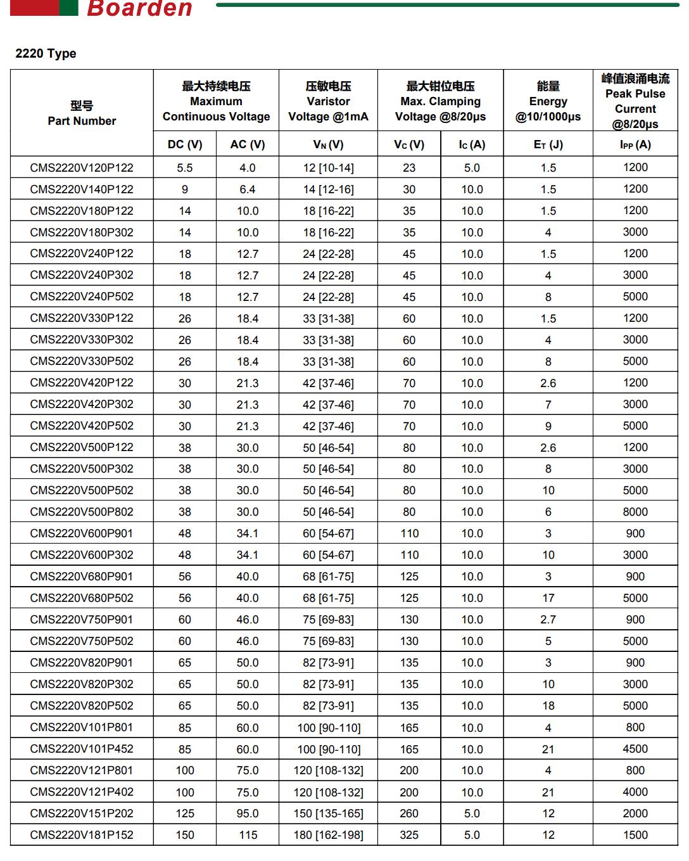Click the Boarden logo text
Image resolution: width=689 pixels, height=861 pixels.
point(139,8)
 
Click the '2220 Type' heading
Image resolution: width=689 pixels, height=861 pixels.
point(46,53)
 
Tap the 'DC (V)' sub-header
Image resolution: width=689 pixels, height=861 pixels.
point(185,144)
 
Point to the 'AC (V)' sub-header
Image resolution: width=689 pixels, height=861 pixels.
point(248,144)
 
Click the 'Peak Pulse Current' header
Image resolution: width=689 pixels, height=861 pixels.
point(635,101)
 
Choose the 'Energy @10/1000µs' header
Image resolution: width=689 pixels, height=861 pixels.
point(548,101)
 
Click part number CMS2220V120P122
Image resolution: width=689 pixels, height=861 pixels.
point(82,168)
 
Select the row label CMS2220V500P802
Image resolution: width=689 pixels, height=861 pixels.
point(82,512)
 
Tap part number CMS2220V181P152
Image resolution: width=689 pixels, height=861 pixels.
point(82,835)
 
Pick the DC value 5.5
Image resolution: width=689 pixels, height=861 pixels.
point(185,168)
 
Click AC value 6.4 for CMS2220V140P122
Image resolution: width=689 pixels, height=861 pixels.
point(248,189)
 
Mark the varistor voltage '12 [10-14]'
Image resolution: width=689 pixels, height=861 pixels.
point(328,168)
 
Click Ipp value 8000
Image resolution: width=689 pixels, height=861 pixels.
point(635,512)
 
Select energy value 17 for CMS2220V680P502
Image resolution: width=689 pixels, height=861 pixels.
point(548,598)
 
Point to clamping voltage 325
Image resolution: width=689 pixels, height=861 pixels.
point(409,835)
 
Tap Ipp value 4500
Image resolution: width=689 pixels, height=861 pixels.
point(635,749)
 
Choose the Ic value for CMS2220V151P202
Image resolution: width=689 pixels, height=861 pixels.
point(472,813)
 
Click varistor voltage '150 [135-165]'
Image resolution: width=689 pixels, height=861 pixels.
point(328,813)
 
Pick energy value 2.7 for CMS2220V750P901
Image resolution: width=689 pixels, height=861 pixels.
point(548,620)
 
